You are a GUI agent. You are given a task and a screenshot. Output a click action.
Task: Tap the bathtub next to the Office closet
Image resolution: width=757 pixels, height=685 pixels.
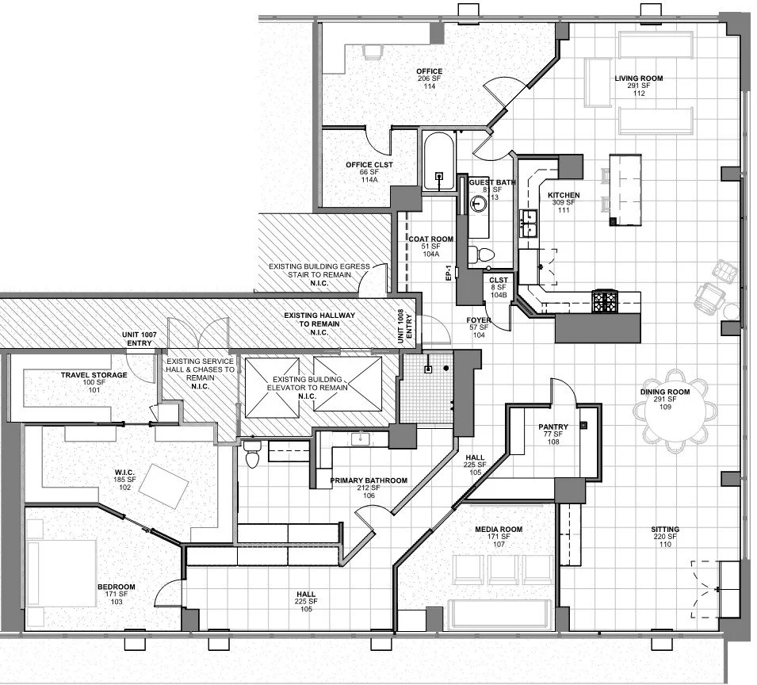click(x=438, y=162)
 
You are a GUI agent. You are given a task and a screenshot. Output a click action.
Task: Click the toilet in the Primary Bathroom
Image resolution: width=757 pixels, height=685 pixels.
click(x=253, y=455)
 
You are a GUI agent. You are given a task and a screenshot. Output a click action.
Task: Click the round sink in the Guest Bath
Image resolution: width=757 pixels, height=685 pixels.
click(x=478, y=203)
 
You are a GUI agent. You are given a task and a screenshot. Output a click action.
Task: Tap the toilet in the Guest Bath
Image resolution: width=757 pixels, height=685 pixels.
click(x=480, y=254)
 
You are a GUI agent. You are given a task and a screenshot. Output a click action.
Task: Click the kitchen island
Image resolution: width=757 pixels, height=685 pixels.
click(x=624, y=189)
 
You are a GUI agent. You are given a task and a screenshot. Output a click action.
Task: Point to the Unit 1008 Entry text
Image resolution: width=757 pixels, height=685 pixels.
click(x=405, y=323)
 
